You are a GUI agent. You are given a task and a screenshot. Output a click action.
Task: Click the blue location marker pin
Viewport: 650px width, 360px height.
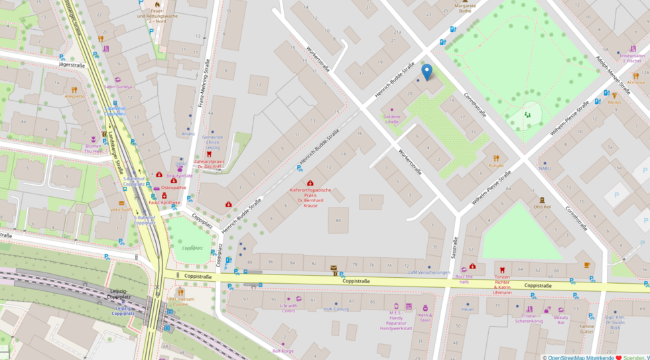pyautogui.click(x=427, y=72)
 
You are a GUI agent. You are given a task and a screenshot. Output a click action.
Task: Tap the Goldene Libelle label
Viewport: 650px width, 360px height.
pyautogui.click(x=391, y=119)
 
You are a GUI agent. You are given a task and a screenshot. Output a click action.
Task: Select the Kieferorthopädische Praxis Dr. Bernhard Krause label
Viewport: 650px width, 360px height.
pyautogui.click(x=310, y=197)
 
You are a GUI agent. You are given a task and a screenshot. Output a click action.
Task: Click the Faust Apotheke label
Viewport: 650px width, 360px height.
pyautogui.click(x=164, y=202)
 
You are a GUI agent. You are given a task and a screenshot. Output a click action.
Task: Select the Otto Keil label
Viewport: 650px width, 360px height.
pyautogui.click(x=542, y=207)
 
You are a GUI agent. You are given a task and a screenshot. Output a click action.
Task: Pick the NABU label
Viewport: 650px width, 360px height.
pyautogui.click(x=545, y=168)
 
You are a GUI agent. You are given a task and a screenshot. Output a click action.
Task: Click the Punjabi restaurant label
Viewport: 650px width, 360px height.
pyautogui.click(x=495, y=165)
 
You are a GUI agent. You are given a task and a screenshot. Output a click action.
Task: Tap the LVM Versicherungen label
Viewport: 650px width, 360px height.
pyautogui.click(x=429, y=272)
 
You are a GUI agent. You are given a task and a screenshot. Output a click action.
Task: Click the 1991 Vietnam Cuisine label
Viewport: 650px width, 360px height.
pyautogui.click(x=181, y=302)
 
